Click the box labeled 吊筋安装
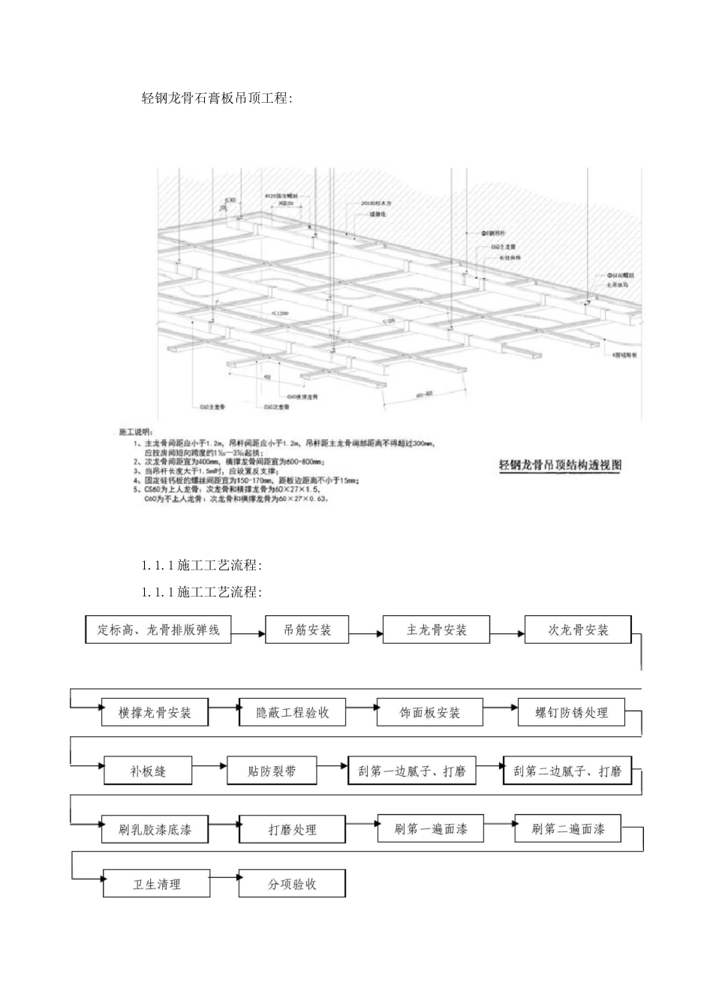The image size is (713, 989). tap(307, 630)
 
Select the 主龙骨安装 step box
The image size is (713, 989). tap(436, 630)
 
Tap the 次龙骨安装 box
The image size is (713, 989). tap(577, 630)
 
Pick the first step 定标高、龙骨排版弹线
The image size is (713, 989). tap(158, 630)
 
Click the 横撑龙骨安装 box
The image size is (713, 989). tap(155, 712)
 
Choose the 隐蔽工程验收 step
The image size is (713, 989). tap(293, 712)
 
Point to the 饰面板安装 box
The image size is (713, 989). tap(430, 712)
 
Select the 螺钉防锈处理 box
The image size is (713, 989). tap(571, 712)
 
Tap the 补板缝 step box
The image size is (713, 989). tap(148, 771)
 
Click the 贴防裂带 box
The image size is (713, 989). tap(272, 771)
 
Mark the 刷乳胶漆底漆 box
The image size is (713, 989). tap(155, 829)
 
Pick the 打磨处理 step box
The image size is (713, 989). tap(293, 829)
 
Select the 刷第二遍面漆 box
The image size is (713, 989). tap(568, 829)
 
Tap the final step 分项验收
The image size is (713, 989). tap(293, 884)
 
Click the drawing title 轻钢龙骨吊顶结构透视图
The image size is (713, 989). tap(561, 465)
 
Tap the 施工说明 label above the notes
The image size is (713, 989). tap(135, 433)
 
